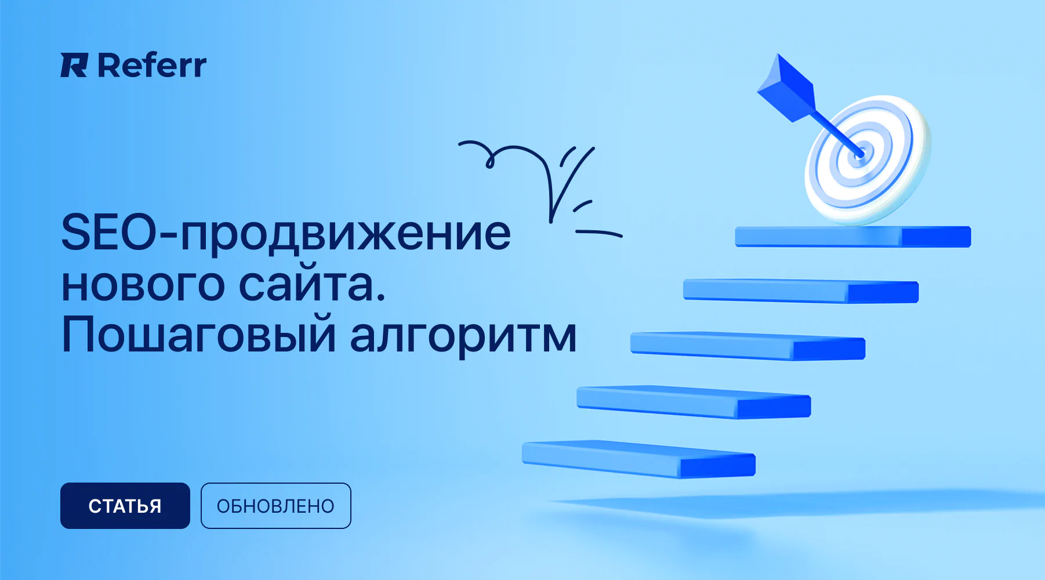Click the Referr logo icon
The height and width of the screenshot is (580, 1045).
point(74,65)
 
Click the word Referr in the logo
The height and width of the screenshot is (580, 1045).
point(152,65)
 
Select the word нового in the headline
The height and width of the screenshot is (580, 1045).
point(143,285)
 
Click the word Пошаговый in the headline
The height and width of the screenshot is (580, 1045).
point(198,335)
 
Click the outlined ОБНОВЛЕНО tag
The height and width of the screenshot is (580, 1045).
point(275,506)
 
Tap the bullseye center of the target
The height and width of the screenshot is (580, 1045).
point(860,154)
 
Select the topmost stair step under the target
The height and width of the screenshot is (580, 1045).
point(853,237)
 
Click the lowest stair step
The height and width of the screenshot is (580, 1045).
point(638,459)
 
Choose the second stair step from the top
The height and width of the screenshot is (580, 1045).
point(801,291)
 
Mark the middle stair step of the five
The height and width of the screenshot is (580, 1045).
point(748,346)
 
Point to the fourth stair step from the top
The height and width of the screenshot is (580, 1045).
point(694,402)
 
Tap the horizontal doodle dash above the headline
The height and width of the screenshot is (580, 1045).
point(598,233)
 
